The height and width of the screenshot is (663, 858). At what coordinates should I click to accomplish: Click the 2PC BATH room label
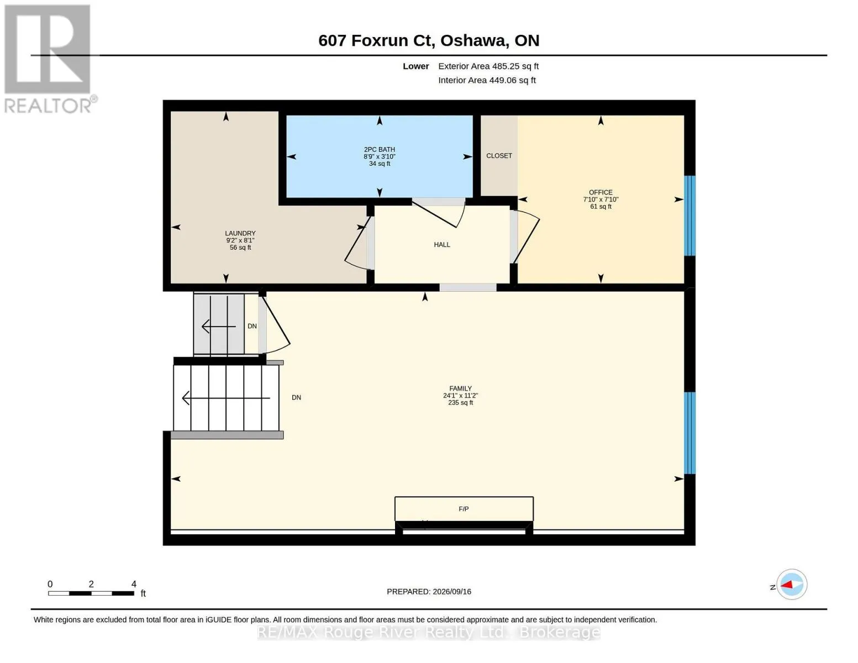pyautogui.click(x=379, y=150)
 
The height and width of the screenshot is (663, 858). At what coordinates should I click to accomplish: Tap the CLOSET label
pyautogui.click(x=499, y=156)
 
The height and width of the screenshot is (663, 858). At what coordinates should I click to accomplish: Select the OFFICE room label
pyautogui.click(x=601, y=193)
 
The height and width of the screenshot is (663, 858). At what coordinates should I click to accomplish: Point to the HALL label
pyautogui.click(x=442, y=245)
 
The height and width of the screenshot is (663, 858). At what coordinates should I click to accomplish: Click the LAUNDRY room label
pyautogui.click(x=240, y=233)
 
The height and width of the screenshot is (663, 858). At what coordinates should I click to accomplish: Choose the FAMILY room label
pyautogui.click(x=460, y=388)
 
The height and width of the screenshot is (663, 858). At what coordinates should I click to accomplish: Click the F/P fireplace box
pyautogui.click(x=464, y=509)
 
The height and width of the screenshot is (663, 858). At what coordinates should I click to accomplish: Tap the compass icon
pyautogui.click(x=791, y=585)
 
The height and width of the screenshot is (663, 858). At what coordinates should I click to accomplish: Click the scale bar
pyautogui.click(x=91, y=593)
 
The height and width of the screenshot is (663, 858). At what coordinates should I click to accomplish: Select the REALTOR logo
pyautogui.click(x=48, y=59)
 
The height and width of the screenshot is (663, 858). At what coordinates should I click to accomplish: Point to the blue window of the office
pyautogui.click(x=689, y=215)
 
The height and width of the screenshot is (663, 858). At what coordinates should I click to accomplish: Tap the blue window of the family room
pyautogui.click(x=689, y=433)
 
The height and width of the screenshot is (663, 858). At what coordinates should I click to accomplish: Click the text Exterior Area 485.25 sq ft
pyautogui.click(x=488, y=66)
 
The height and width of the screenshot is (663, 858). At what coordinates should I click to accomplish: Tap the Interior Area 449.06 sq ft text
pyautogui.click(x=487, y=81)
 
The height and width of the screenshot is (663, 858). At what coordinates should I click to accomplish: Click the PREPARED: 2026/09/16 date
pyautogui.click(x=429, y=592)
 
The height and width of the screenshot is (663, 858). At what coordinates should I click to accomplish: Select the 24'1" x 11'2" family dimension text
pyautogui.click(x=460, y=396)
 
